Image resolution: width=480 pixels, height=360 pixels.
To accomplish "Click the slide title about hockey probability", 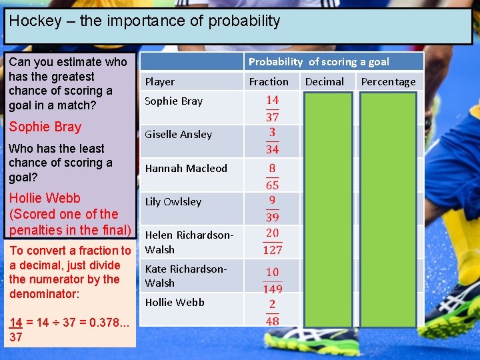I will point(145,21).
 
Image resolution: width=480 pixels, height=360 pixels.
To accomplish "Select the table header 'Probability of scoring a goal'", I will point(319,61).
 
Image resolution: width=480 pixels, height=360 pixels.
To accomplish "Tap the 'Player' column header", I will point(160,81).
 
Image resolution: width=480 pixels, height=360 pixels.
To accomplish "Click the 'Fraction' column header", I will point(269,81).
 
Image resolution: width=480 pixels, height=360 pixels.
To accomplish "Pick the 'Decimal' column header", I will point(325,81).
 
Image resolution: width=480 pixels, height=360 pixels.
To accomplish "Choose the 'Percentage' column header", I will point(388,81).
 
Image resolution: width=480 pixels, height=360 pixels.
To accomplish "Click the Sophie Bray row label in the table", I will point(173,101).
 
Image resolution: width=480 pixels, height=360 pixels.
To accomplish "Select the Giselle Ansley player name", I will point(178,135).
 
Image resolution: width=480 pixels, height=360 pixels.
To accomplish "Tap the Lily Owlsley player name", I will point(173,201).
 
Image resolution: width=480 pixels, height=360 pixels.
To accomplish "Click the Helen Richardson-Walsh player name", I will point(189,242).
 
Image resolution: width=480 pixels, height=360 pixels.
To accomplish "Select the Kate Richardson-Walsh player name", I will point(185,275).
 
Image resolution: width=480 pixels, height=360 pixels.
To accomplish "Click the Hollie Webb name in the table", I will point(175,302).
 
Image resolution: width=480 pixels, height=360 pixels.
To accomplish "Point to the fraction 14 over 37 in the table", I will point(272,108).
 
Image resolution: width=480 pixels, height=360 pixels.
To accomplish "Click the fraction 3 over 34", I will point(272,141).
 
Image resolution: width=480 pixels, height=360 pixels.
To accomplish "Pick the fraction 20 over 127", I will point(272,241).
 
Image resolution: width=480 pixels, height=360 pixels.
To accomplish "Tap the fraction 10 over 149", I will point(272,280).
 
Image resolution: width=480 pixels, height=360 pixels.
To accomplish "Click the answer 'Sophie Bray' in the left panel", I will point(45,127).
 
